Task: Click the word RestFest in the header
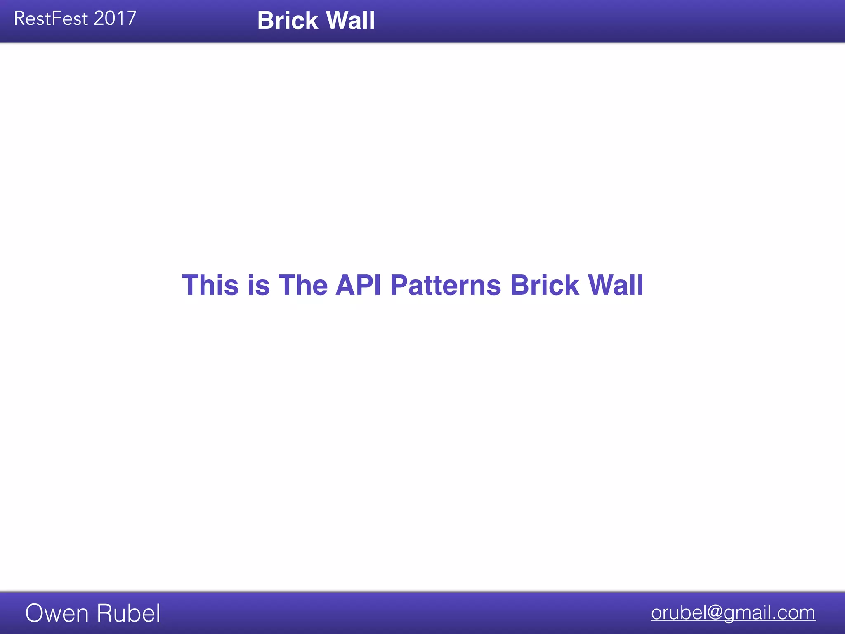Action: pyautogui.click(x=51, y=19)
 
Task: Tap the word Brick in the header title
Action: pyautogui.click(x=288, y=20)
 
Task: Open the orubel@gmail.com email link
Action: pyautogui.click(x=733, y=613)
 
